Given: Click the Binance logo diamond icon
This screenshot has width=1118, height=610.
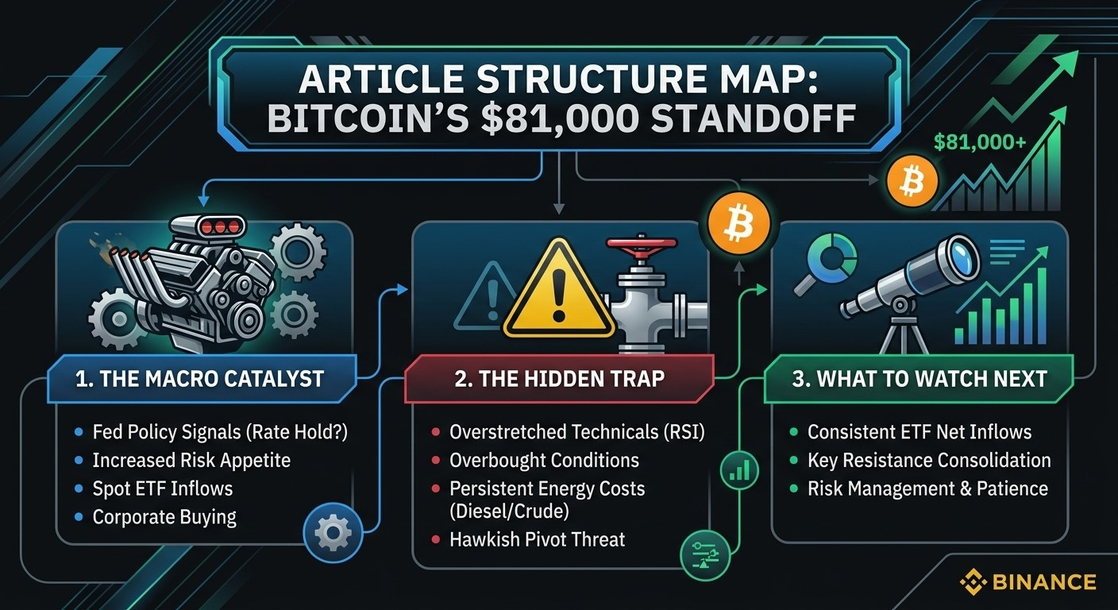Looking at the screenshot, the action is [973, 582].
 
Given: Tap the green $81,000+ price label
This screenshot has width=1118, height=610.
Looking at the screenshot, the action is [980, 143].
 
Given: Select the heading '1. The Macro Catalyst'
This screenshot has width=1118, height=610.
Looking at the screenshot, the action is [199, 379].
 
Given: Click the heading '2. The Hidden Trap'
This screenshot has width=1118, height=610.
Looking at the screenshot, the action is [560, 379].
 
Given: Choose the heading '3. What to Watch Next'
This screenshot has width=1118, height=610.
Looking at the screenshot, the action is [919, 379].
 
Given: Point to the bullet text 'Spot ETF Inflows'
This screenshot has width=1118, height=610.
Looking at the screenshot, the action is [163, 488].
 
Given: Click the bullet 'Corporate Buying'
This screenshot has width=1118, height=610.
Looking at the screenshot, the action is [164, 517].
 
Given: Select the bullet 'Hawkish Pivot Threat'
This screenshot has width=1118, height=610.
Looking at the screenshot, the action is [537, 539].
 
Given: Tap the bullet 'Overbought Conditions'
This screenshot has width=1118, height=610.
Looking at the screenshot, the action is [544, 460].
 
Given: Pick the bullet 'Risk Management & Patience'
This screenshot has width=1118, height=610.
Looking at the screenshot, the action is [928, 488].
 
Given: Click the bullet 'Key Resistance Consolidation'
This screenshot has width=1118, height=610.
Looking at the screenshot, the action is [929, 460].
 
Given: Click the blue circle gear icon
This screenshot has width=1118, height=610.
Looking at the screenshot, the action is [333, 533].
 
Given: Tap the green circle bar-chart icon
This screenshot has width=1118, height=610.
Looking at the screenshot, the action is [740, 470].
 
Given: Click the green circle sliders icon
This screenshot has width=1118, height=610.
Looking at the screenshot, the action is [705, 555].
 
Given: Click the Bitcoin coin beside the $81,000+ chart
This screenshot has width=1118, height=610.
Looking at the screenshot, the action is [912, 181].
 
